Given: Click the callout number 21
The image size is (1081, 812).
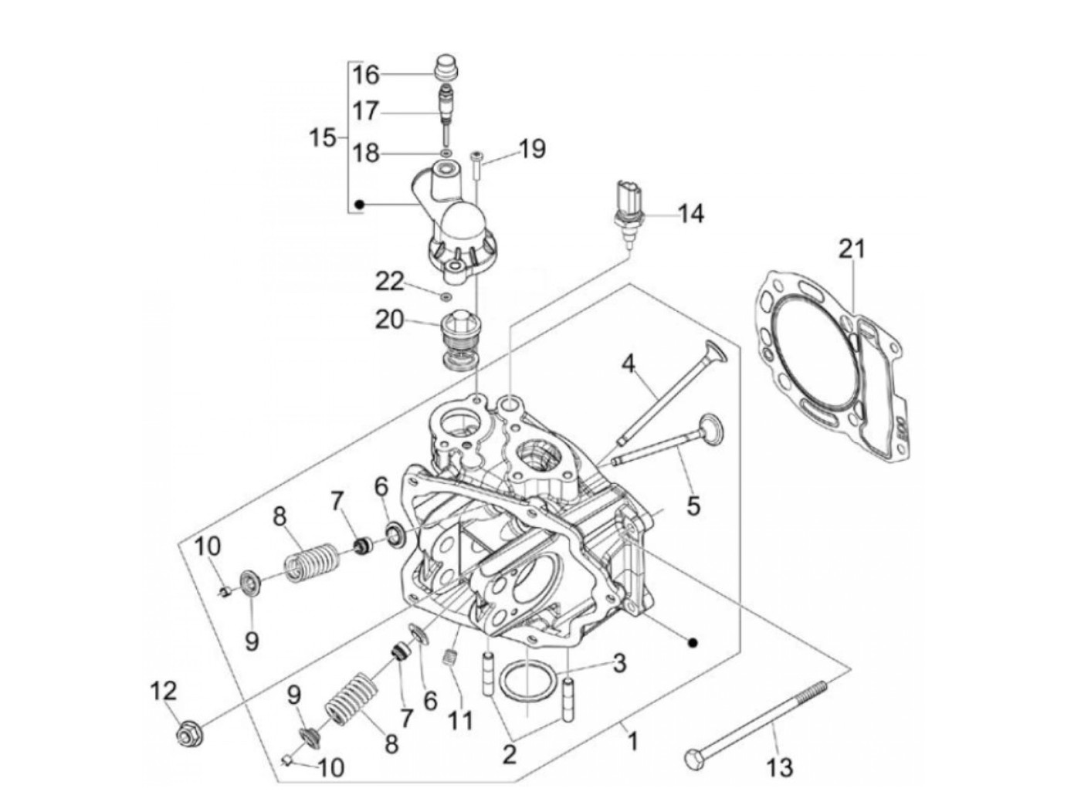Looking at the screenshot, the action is coord(852,249).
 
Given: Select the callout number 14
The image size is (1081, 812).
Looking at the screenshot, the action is coord(690,214).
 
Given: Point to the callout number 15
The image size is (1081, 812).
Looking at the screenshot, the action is coord(323,139).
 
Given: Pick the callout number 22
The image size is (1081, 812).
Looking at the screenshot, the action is coord(389,282).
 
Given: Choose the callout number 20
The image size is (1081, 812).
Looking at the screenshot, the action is coord(389,318).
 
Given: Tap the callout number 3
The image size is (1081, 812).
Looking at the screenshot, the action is coord(619,663).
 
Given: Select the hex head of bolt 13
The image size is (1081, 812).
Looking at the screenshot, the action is coord(691,758).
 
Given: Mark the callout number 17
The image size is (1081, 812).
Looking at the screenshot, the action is coord(366,111).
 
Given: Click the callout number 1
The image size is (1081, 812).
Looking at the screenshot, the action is coord(632,743).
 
